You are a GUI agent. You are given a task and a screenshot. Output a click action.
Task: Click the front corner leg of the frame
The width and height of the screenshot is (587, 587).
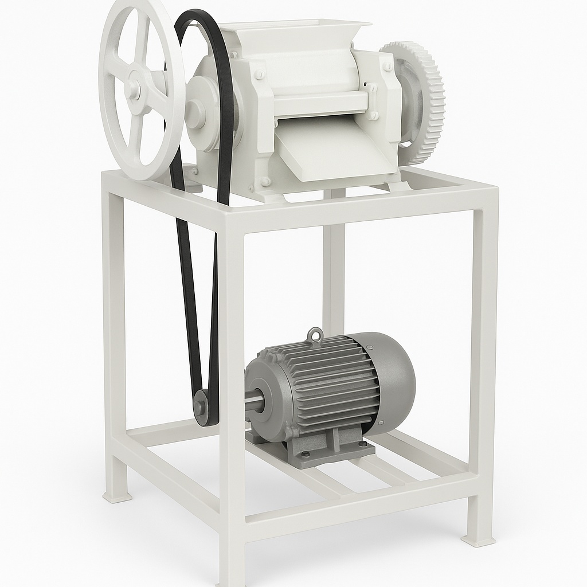coord(232,401)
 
